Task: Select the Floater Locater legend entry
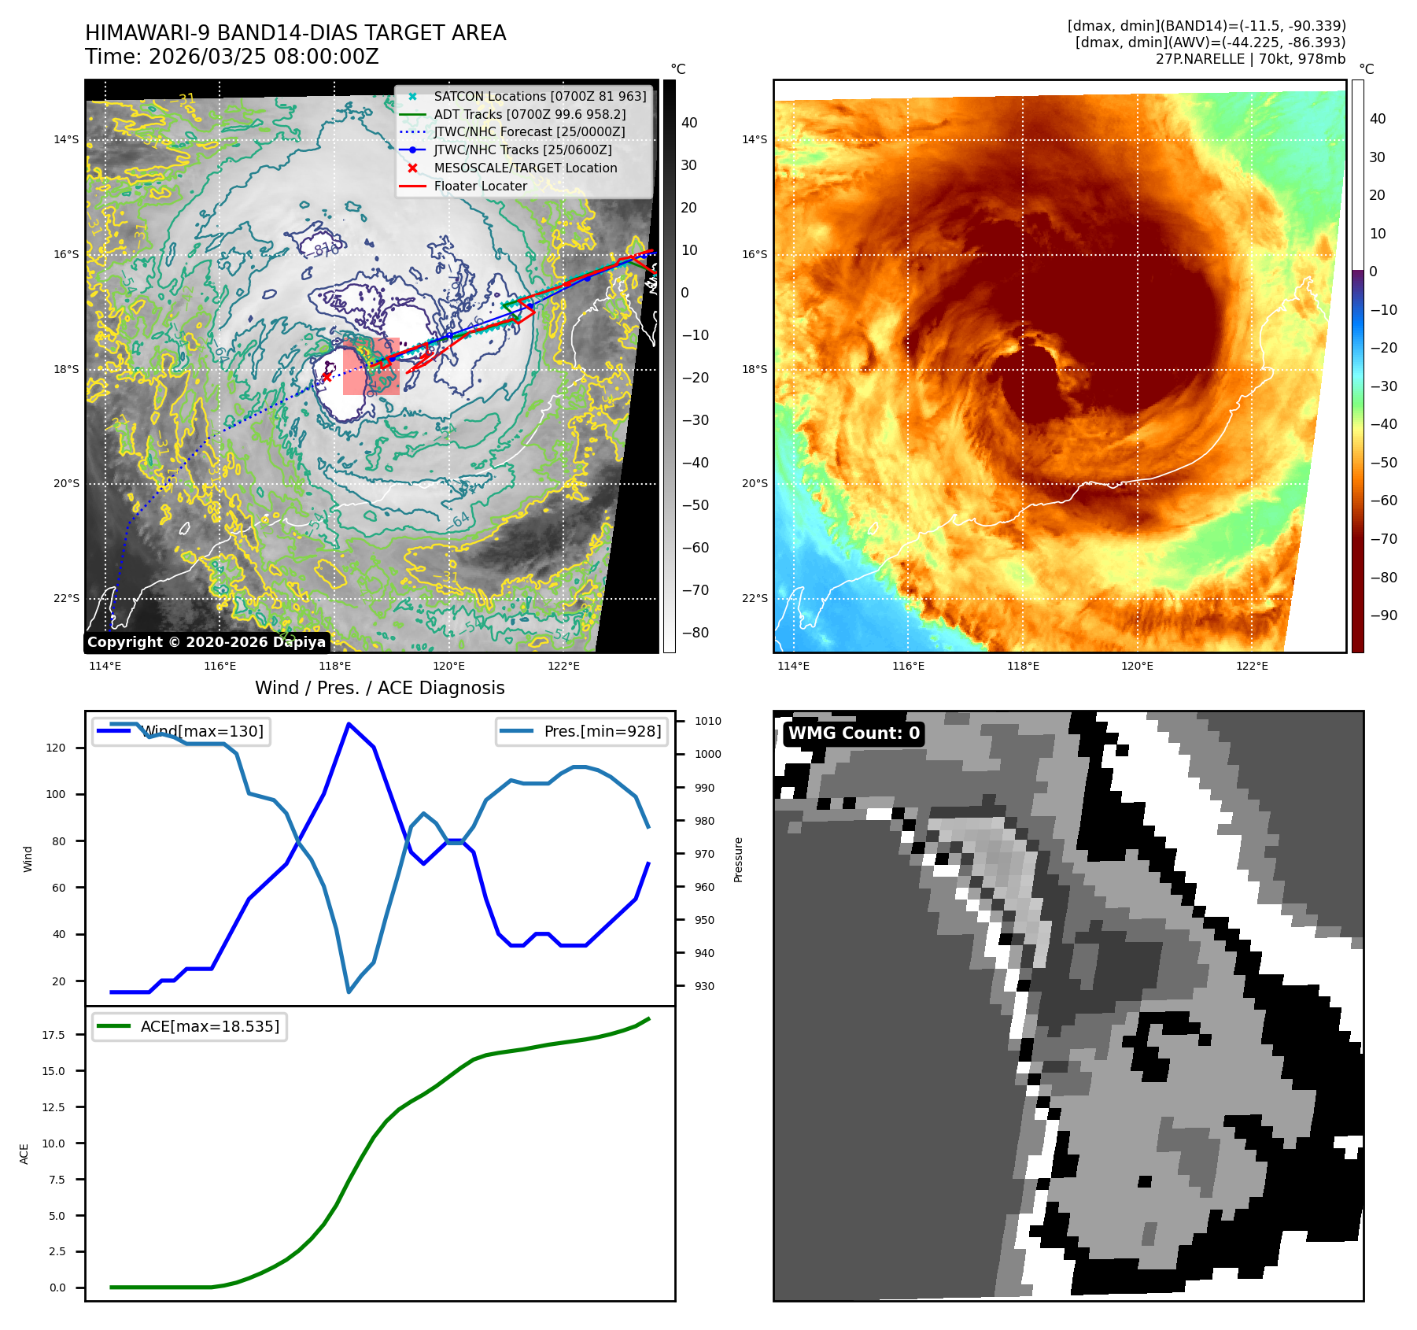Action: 480,186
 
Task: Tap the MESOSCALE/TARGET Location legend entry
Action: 525,168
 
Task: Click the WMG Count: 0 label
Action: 854,733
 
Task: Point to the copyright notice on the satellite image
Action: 206,642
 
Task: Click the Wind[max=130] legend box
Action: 181,731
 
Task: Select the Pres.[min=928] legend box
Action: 581,731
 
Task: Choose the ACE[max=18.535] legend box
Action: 190,1026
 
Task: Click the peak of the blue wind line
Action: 349,724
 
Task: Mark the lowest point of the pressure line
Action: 349,992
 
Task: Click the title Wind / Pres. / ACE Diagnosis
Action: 380,688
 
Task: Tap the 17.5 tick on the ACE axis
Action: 54,1035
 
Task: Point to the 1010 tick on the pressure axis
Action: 707,721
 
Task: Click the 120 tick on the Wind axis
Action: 56,748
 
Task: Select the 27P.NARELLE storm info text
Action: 1250,59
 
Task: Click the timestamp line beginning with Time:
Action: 232,57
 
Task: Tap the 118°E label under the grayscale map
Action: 334,667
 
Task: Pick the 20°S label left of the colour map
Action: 754,484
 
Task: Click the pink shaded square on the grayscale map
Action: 371,367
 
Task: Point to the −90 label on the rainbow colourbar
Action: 1383,615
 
